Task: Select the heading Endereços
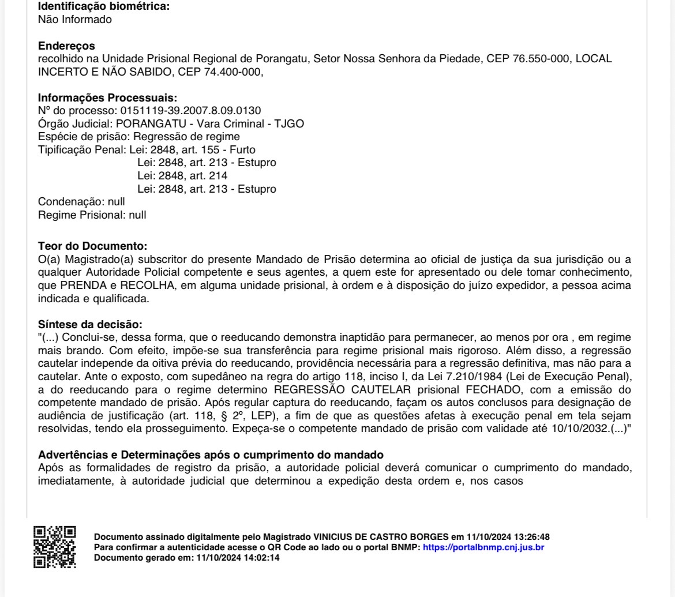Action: (x=66, y=46)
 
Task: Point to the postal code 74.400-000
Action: (x=228, y=72)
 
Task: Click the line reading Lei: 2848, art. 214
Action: (x=182, y=176)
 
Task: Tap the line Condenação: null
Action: (x=81, y=202)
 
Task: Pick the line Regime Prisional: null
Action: (x=92, y=215)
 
